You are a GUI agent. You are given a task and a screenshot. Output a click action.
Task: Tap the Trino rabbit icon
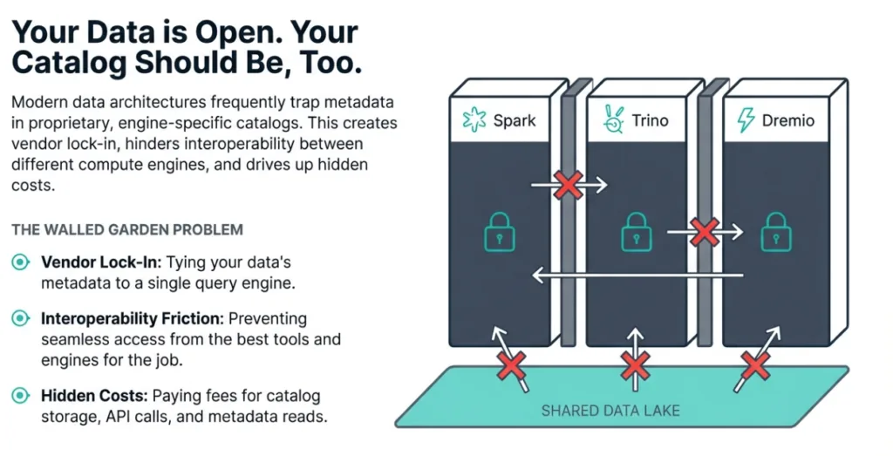click(614, 120)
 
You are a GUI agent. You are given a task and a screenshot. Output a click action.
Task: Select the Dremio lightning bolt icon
click(746, 120)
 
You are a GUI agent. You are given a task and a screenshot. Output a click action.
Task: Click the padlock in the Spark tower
click(500, 232)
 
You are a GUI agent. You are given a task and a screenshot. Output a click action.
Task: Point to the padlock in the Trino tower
click(636, 232)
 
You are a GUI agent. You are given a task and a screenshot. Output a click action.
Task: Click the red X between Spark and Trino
click(569, 184)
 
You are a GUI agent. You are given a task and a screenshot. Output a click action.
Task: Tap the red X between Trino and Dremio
click(704, 231)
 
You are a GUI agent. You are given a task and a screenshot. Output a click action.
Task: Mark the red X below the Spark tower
click(511, 366)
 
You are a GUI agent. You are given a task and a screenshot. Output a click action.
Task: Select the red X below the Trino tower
click(636, 366)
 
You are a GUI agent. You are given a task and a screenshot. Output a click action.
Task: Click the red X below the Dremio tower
click(755, 366)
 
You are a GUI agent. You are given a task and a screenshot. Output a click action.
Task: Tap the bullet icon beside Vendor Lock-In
click(20, 262)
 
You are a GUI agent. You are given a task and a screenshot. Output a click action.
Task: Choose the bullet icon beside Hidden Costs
click(20, 397)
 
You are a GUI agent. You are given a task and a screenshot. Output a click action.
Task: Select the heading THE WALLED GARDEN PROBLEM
click(127, 229)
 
